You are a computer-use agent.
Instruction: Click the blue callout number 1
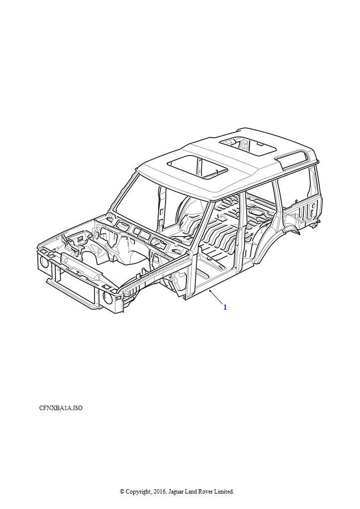(x=225, y=307)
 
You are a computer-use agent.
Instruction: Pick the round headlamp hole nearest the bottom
(x=108, y=297)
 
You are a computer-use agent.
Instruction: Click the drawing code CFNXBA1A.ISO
(x=61, y=408)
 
